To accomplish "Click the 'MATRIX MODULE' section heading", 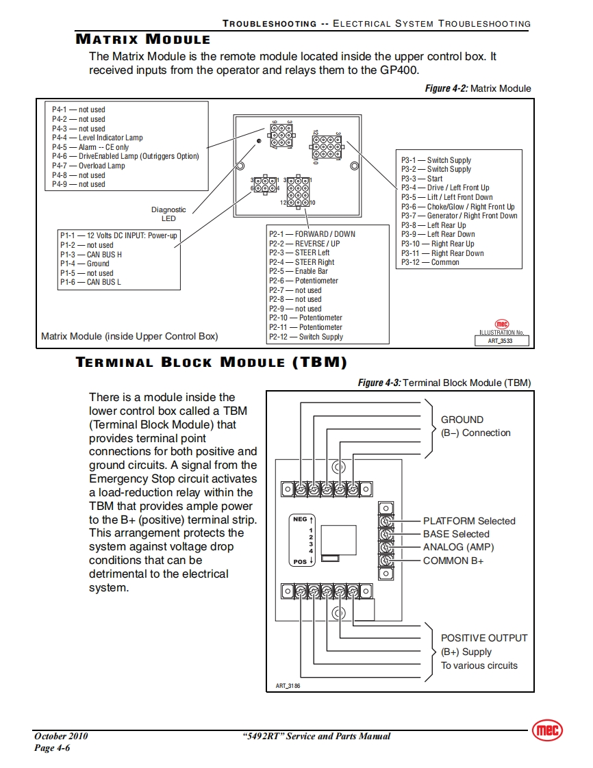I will pyautogui.click(x=142, y=39).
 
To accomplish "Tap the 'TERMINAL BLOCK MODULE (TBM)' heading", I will pyautogui.click(x=211, y=362).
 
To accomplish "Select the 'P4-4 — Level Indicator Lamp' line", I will pyautogui.click(x=97, y=138).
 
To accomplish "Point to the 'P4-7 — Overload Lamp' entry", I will pyautogui.click(x=88, y=166).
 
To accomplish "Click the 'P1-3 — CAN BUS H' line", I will pyautogui.click(x=90, y=255).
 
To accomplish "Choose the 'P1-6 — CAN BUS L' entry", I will pyautogui.click(x=90, y=282).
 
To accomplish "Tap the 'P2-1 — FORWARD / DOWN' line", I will pyautogui.click(x=312, y=234).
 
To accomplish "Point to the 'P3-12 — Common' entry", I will pyautogui.click(x=430, y=262).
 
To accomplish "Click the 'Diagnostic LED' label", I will pyautogui.click(x=168, y=214).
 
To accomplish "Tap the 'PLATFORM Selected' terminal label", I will pyautogui.click(x=469, y=521).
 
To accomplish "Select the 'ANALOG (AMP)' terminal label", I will pyautogui.click(x=458, y=547).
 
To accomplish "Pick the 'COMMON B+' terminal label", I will pyautogui.click(x=453, y=561).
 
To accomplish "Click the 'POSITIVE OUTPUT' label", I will pyautogui.click(x=484, y=638).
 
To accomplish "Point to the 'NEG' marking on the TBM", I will pyautogui.click(x=300, y=520).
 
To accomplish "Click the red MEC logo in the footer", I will pyautogui.click(x=546, y=730).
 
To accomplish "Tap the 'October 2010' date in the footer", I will pyautogui.click(x=61, y=737).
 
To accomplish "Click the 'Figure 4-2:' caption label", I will pyautogui.click(x=446, y=88).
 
